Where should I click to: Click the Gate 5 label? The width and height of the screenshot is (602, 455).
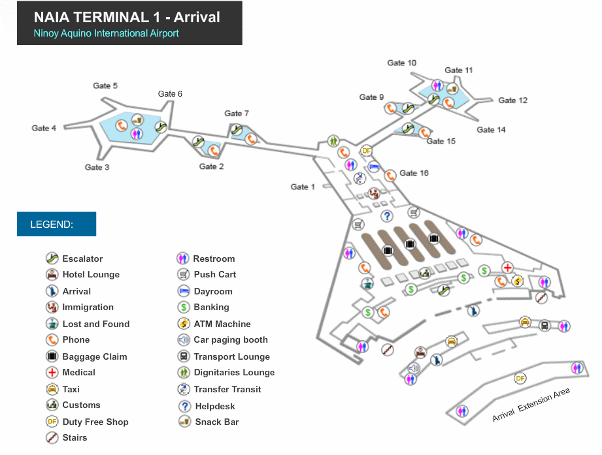point(105,86)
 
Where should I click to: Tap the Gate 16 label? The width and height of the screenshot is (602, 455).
point(414,173)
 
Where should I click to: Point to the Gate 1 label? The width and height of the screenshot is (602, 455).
point(303,187)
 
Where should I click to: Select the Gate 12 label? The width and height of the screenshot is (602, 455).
point(512,101)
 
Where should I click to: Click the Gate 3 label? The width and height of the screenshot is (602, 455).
point(97,168)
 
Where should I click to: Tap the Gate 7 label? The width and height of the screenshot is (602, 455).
point(237,114)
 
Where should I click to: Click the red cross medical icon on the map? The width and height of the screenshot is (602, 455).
point(507,268)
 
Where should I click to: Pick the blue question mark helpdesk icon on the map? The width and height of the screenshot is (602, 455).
point(387,216)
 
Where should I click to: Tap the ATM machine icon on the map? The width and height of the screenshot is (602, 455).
point(518,281)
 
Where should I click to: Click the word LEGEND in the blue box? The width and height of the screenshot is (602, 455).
point(52,225)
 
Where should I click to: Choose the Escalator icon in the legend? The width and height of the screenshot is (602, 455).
point(52,259)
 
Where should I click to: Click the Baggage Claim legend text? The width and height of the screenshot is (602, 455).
point(95,356)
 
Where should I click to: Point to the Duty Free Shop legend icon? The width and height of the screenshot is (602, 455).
point(52,422)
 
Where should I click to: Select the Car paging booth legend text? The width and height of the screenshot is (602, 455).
point(231,339)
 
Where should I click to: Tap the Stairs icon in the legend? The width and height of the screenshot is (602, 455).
point(52,438)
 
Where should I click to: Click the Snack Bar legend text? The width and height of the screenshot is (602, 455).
point(217,422)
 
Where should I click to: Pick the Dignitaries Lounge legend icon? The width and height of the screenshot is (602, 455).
point(184,373)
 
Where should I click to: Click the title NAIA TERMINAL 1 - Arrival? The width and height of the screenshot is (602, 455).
point(127,17)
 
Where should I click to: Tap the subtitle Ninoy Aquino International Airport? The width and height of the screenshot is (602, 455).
point(106,33)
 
